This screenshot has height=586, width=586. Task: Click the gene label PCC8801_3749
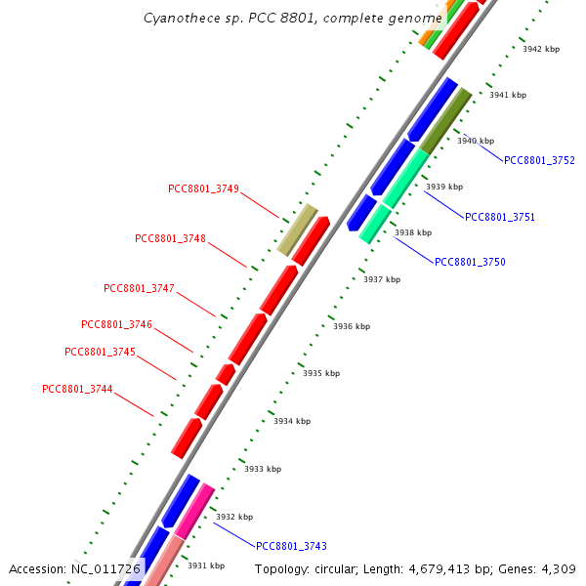pyautogui.click(x=203, y=188)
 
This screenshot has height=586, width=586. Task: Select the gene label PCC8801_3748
pyautogui.click(x=170, y=238)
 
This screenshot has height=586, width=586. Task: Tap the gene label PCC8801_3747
pyautogui.click(x=139, y=288)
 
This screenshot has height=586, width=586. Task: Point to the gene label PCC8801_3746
pyautogui.click(x=116, y=324)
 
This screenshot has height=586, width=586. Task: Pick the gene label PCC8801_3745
pyautogui.click(x=100, y=352)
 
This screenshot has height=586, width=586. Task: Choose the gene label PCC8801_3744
pyautogui.click(x=77, y=389)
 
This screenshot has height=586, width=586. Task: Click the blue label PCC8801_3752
pyautogui.click(x=539, y=160)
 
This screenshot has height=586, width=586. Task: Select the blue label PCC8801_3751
pyautogui.click(x=499, y=217)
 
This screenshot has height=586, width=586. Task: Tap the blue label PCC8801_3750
pyautogui.click(x=470, y=262)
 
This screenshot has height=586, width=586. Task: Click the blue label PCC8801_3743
pyautogui.click(x=291, y=546)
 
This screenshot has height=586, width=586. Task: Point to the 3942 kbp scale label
pyautogui.click(x=541, y=49)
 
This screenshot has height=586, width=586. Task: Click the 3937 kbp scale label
pyautogui.click(x=382, y=279)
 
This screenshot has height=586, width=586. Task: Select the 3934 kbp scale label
pyautogui.click(x=292, y=421)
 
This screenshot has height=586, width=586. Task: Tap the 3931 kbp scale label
pyautogui.click(x=205, y=565)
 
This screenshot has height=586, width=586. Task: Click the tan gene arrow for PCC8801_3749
pyautogui.click(x=297, y=230)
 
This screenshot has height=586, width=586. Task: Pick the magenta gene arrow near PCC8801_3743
pyautogui.click(x=194, y=509)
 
